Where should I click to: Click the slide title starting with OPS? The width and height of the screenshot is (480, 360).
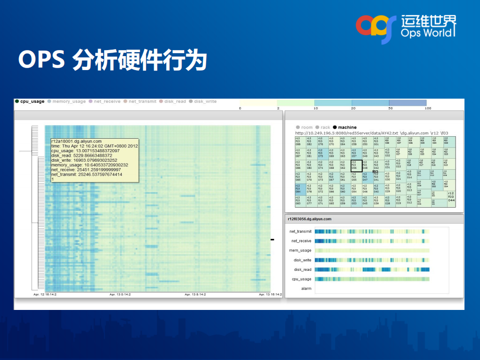click(x=113, y=60)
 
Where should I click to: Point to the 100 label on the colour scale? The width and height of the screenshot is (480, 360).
click(x=428, y=108)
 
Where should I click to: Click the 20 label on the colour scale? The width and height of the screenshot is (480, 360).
click(x=353, y=108)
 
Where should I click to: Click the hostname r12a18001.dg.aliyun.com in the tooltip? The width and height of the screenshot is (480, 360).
click(x=76, y=142)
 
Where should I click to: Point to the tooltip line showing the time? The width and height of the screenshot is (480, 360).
click(x=94, y=146)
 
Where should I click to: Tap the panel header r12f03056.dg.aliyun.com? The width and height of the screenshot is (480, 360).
click(x=309, y=219)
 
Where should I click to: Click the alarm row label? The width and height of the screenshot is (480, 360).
click(x=306, y=289)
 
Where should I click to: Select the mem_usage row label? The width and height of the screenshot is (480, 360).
click(x=300, y=250)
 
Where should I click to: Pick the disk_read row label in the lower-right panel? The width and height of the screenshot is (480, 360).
click(x=302, y=269)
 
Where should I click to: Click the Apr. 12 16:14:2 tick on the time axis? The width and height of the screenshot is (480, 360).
click(x=45, y=294)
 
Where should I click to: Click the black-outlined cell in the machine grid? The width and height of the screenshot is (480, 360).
click(x=356, y=166)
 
